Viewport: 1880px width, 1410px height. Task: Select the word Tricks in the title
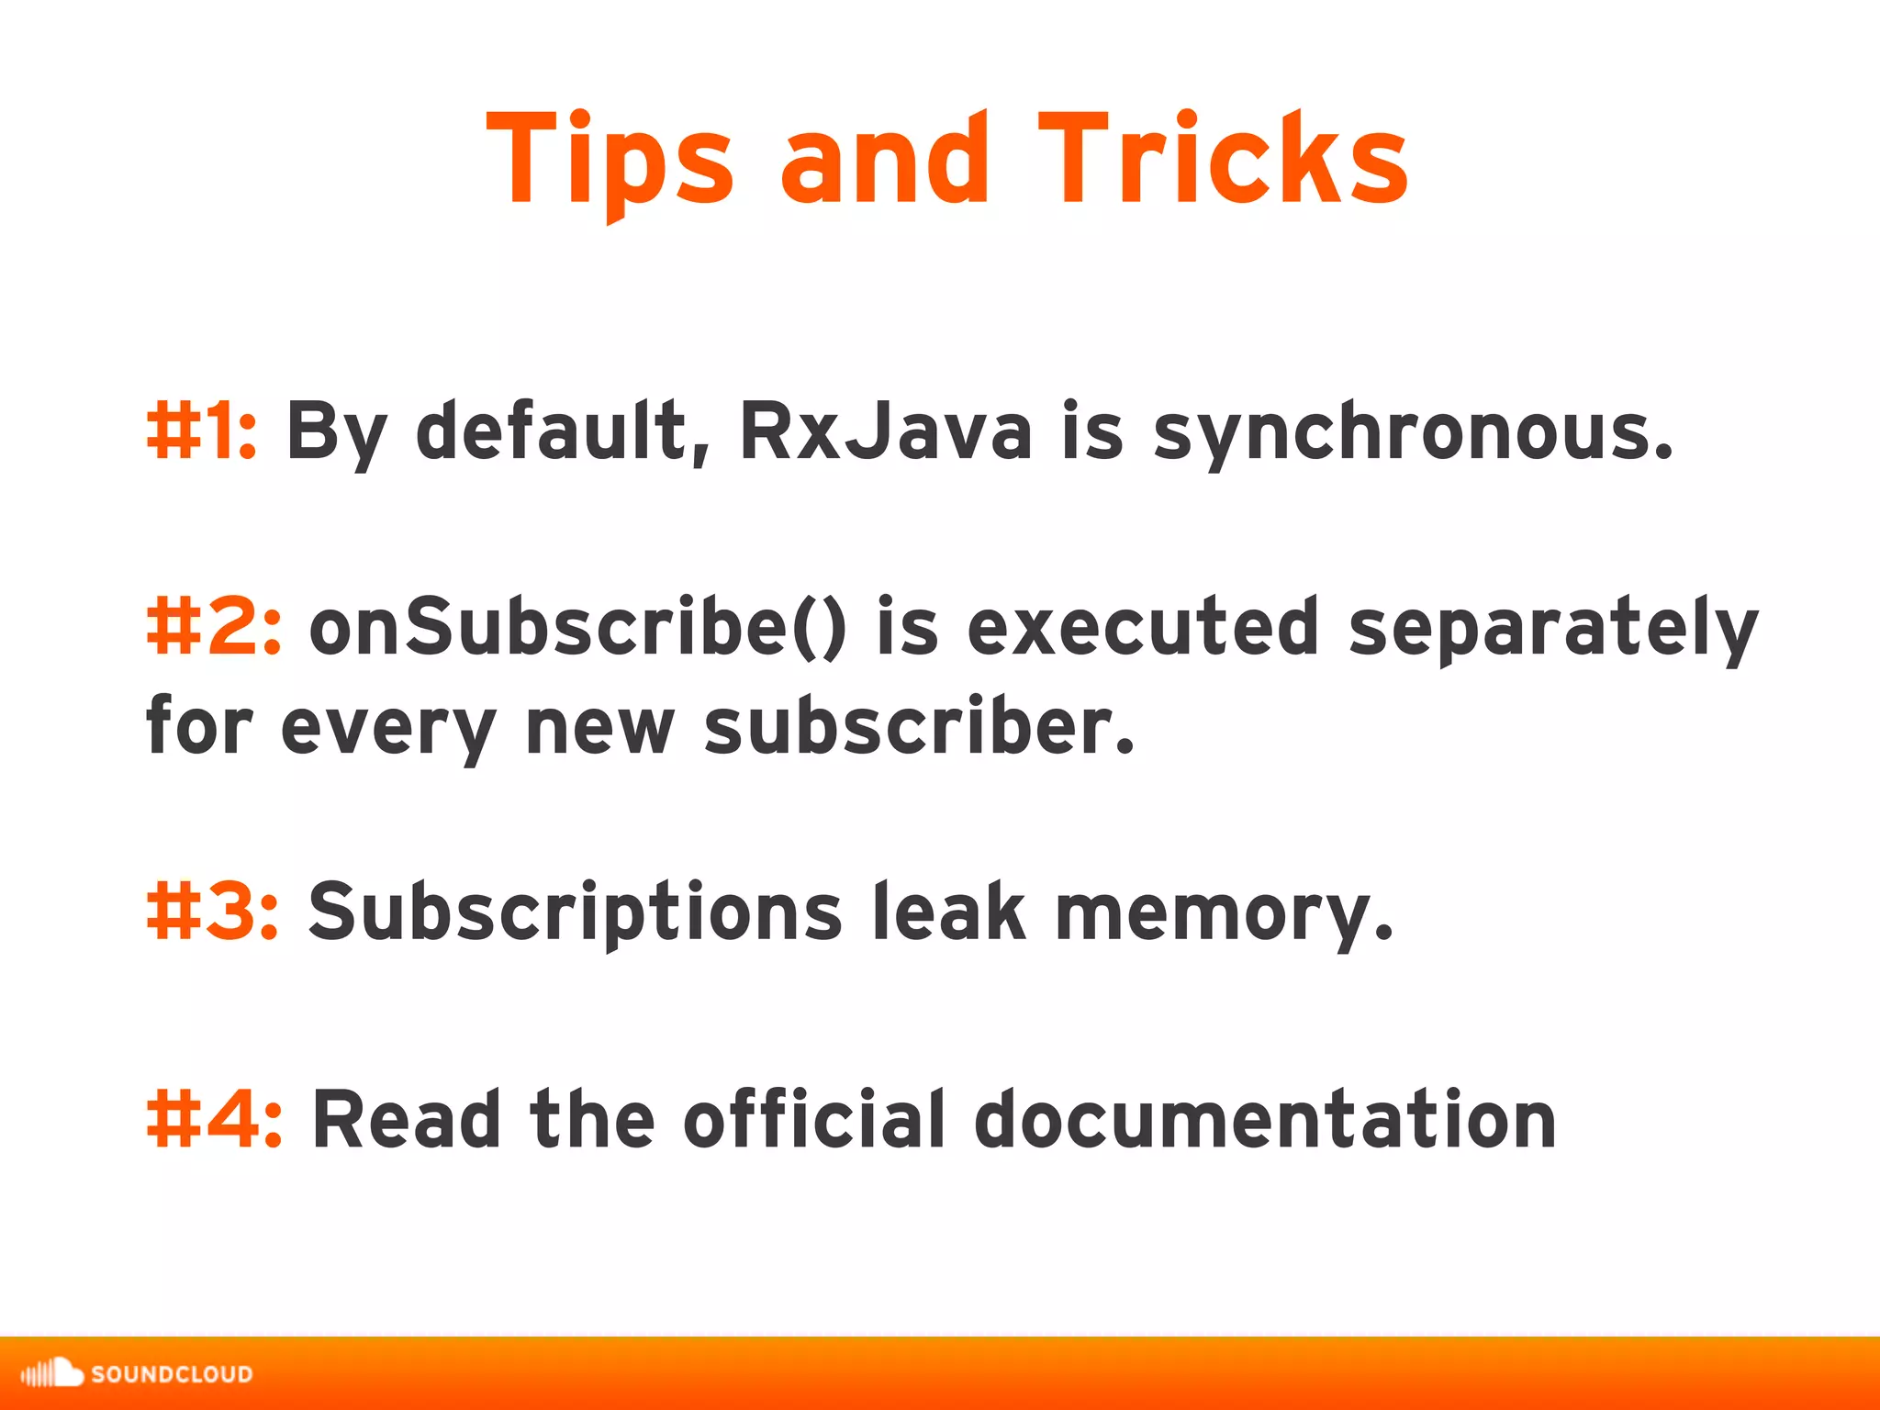coord(1223,158)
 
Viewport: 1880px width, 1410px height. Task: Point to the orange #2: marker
coord(214,628)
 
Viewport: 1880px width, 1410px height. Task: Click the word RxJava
coord(886,431)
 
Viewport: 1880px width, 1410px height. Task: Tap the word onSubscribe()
coord(578,628)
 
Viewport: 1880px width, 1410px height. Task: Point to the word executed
coord(1144,628)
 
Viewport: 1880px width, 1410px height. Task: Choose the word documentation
coord(1265,1120)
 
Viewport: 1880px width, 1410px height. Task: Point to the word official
coord(813,1120)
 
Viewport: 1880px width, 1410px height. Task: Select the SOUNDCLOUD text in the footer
coord(172,1374)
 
